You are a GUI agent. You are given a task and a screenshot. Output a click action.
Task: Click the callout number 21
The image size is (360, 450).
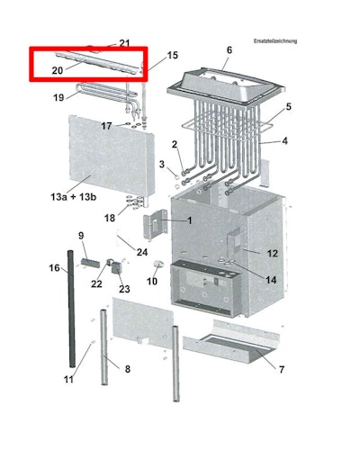tap(124, 43)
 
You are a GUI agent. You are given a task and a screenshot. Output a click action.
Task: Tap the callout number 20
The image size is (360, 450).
tap(57, 69)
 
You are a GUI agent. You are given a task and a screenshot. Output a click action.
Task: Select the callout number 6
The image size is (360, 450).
tap(229, 50)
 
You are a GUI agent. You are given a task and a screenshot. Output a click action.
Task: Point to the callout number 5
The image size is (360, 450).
tap(288, 107)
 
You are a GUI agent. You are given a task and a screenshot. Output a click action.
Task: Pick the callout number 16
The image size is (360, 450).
tap(54, 268)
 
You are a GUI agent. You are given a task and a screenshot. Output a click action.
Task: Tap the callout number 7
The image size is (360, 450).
tap(281, 370)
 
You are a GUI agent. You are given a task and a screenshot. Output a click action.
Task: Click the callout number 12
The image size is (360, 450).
tap(273, 254)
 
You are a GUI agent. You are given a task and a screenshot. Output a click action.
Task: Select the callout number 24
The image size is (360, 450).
tap(142, 251)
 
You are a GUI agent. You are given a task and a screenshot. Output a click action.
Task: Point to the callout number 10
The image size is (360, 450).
tap(152, 282)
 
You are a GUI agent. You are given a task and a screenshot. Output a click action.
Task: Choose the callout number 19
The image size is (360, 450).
tap(58, 97)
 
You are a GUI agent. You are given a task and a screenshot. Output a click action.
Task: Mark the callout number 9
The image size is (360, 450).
tap(81, 236)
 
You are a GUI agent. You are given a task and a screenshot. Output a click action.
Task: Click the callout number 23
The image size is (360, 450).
tap(124, 289)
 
